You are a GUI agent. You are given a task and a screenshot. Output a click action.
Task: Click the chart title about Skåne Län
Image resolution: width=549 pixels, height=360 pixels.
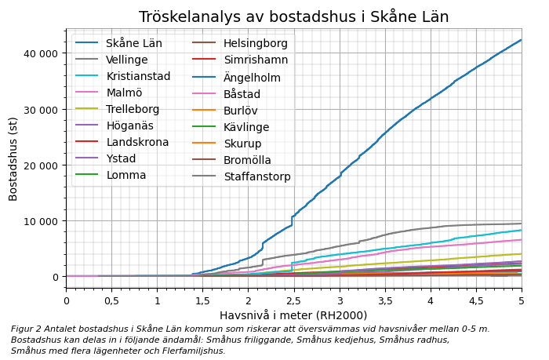(293, 16)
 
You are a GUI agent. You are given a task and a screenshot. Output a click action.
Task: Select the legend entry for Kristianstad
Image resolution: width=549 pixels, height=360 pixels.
(138, 76)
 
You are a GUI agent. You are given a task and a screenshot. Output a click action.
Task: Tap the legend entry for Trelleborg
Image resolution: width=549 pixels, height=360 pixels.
(133, 109)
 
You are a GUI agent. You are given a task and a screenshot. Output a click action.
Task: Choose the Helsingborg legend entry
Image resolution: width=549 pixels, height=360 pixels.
(255, 43)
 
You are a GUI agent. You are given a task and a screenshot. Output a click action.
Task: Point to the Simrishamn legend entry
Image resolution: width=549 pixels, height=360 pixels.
(255, 60)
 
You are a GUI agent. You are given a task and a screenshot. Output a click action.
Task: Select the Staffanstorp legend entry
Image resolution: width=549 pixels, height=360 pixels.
(256, 176)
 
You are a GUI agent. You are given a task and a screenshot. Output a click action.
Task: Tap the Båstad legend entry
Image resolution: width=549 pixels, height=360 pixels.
(242, 93)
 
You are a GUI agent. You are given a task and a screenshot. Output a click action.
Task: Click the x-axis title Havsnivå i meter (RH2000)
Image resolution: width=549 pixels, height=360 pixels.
(293, 315)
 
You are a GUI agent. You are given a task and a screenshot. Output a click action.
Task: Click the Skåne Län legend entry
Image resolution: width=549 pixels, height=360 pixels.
(133, 43)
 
